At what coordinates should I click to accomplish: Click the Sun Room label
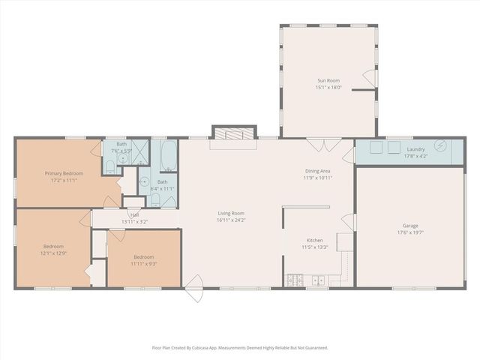(328, 79)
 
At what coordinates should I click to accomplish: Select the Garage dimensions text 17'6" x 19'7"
(409, 232)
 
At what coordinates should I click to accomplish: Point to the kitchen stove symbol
(295, 281)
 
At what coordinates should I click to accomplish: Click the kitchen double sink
(318, 281)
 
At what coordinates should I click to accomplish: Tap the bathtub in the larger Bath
(168, 155)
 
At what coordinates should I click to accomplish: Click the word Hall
(134, 214)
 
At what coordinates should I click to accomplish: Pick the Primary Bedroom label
(64, 173)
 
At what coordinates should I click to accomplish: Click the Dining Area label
(317, 171)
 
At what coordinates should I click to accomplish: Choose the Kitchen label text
(315, 240)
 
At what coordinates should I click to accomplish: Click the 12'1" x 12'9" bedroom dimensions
(53, 253)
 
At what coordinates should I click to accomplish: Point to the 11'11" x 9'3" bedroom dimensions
(143, 263)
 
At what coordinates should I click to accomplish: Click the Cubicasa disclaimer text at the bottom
(240, 347)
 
